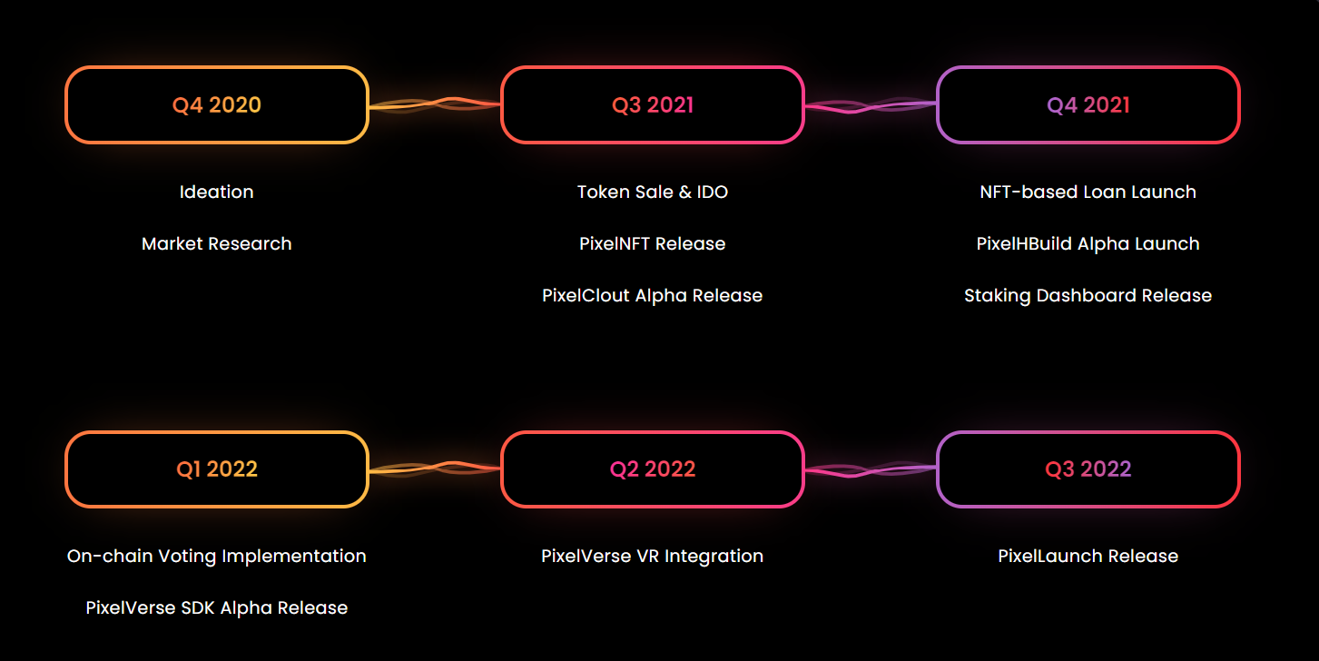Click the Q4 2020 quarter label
coord(217,104)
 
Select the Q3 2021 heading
coord(653,104)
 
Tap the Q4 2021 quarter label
coord(1088,104)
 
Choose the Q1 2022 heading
coord(217,469)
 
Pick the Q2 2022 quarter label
coord(653,469)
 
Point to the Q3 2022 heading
coord(1088,469)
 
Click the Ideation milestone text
coord(217,192)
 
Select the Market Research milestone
coord(217,244)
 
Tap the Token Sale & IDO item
coord(653,192)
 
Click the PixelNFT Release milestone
coord(653,244)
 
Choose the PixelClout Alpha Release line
coord(653,296)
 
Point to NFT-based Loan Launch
coord(1088,192)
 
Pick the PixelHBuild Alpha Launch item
coord(1088,244)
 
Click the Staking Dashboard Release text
coord(1088,296)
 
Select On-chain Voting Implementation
coord(217,557)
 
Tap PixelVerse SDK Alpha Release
coord(217,608)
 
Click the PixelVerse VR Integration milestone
coord(653,557)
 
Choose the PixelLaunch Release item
coord(1088,557)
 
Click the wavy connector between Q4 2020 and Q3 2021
coord(435,104)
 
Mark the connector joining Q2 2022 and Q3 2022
coord(871,469)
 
